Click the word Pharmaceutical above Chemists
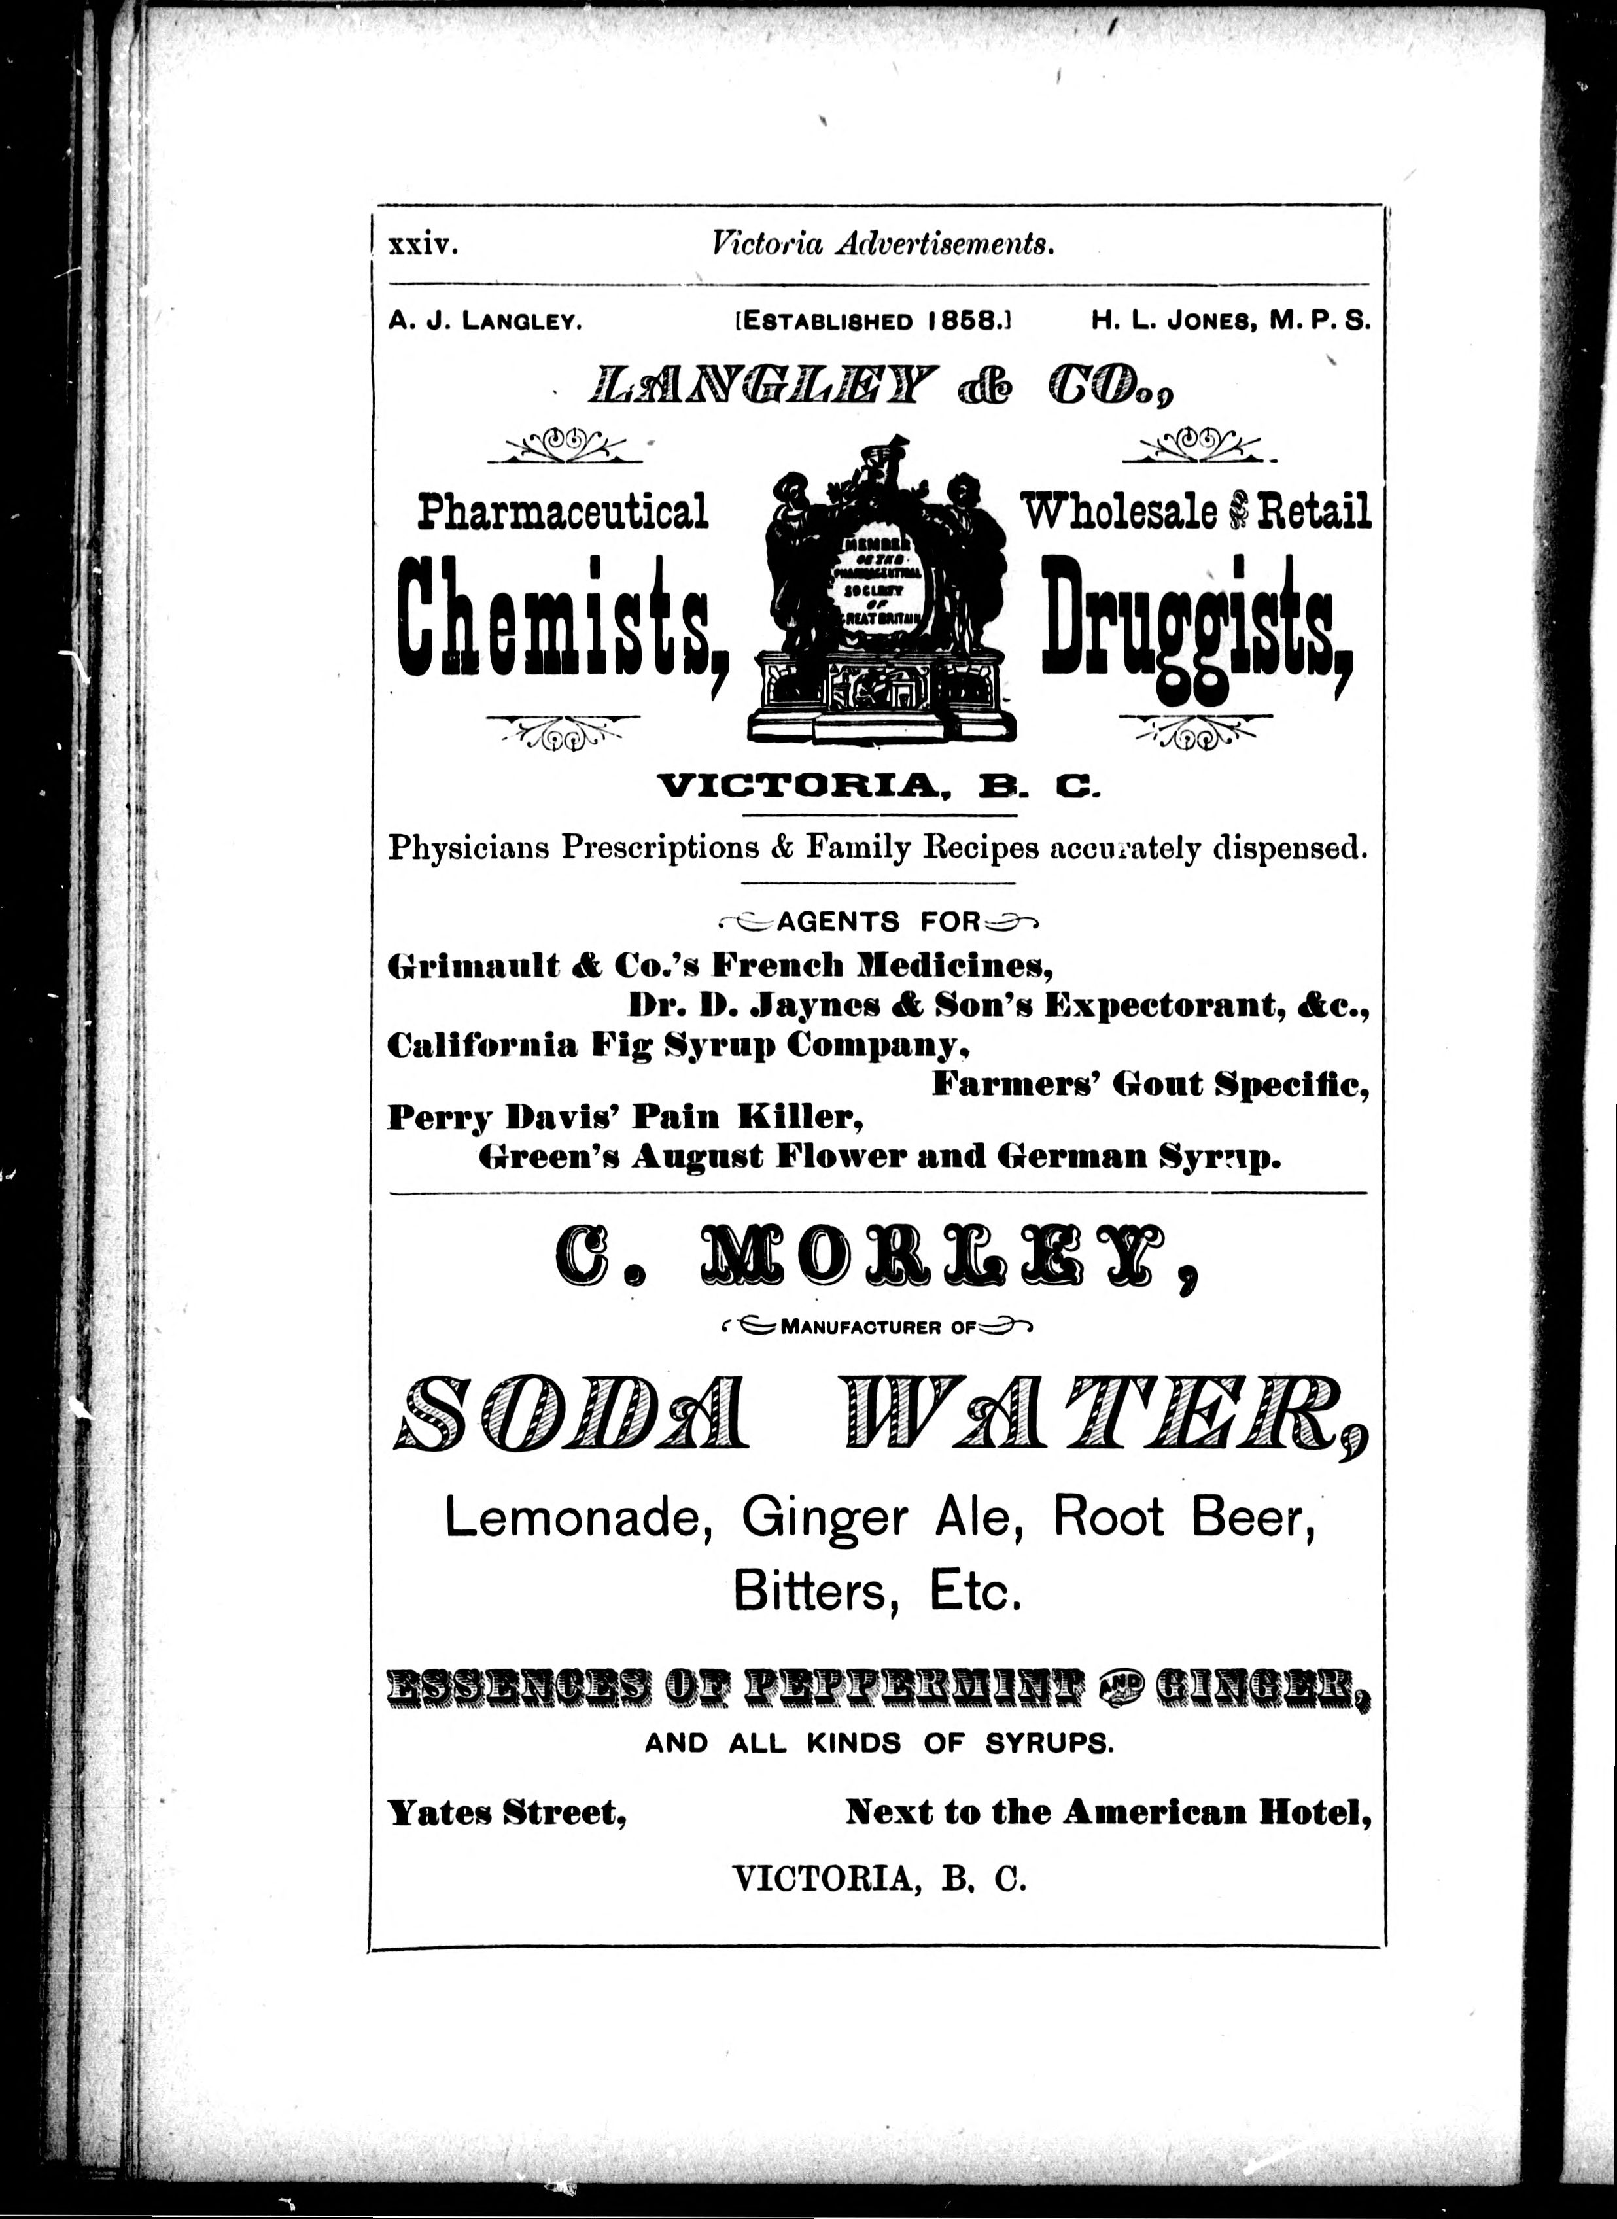tap(563, 512)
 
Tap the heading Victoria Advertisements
tap(884, 245)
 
